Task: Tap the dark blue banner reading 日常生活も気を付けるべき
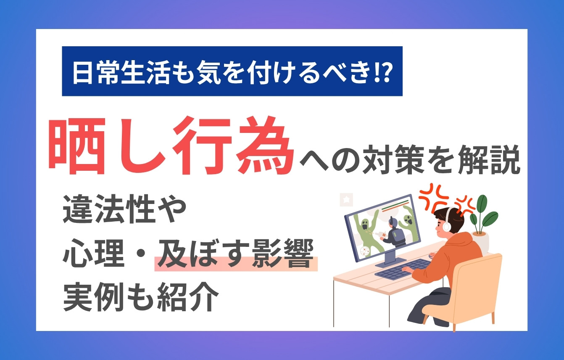click(x=232, y=71)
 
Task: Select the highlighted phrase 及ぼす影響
click(x=236, y=256)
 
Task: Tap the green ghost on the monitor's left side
click(x=363, y=230)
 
